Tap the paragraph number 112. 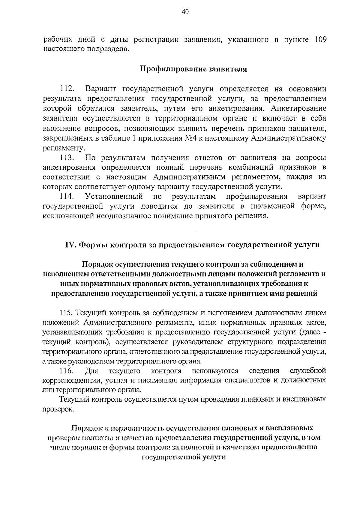click(67, 89)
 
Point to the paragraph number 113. click(67, 158)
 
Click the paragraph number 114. click(67, 196)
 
